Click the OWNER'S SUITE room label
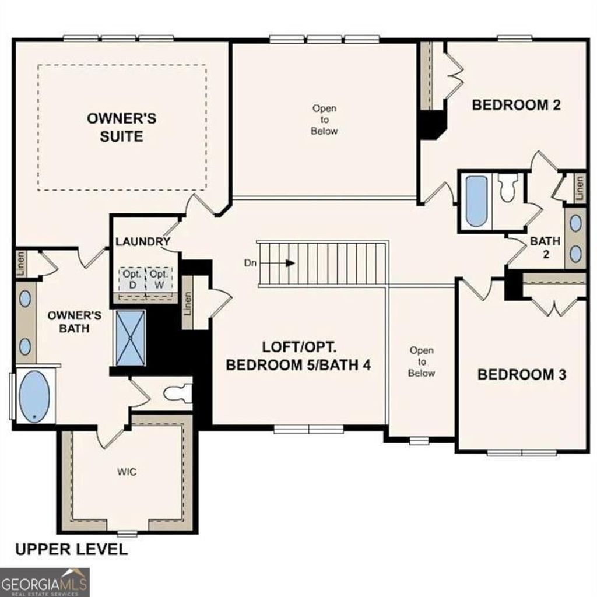tap(121, 127)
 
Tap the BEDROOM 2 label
tap(516, 105)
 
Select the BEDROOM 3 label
tap(521, 374)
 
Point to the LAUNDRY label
tap(142, 241)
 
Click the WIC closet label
tap(127, 471)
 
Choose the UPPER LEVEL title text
tap(71, 549)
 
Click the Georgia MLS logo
tap(44, 582)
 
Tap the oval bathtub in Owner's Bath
tap(34, 396)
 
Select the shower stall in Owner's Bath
tap(131, 338)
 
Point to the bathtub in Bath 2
tap(476, 201)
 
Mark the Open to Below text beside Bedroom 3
tap(421, 361)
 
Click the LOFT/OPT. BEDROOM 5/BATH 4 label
tap(298, 356)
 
